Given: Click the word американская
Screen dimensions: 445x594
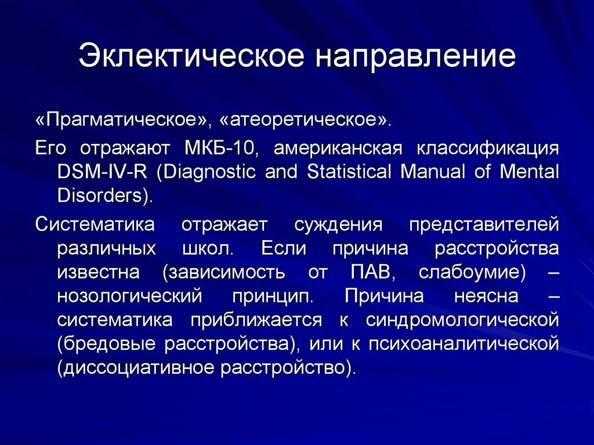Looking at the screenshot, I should tap(338, 148).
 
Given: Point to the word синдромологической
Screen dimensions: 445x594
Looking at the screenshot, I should tap(462, 320).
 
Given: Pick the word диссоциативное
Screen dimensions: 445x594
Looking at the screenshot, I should tap(134, 368).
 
